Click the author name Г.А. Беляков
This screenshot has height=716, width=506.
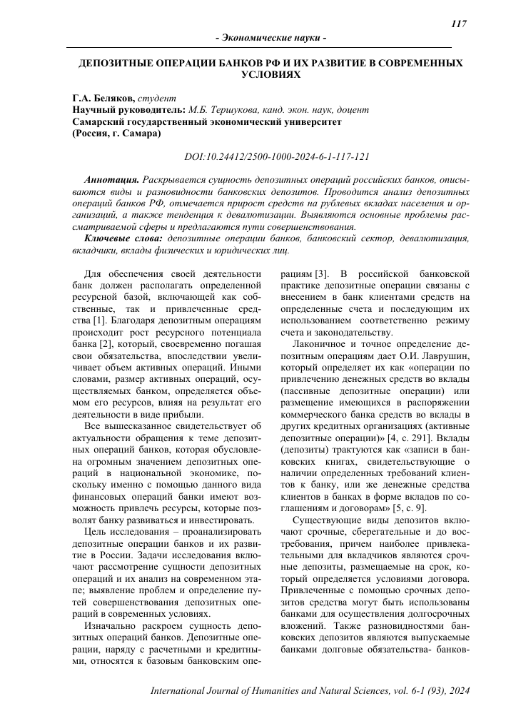103,98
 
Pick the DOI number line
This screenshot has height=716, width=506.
277,156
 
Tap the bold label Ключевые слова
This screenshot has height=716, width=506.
125,237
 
